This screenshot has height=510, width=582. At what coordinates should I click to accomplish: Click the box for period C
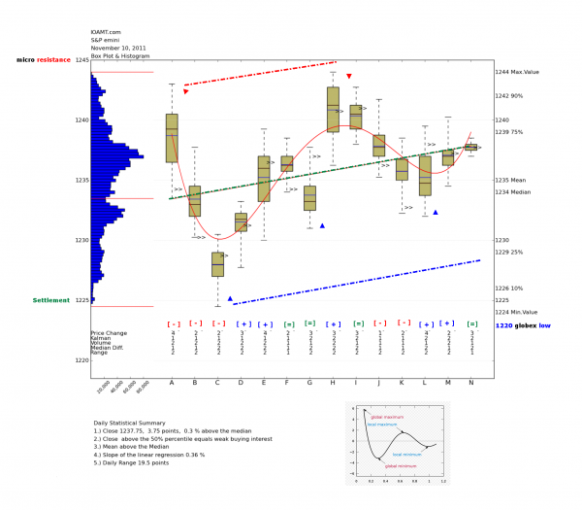point(218,263)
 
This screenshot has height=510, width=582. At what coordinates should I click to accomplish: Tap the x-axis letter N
point(471,383)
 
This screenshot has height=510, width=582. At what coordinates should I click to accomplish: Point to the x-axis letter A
point(173,383)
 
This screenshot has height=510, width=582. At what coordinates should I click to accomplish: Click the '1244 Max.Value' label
point(517,72)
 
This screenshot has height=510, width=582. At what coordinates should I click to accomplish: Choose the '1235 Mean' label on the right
point(511,180)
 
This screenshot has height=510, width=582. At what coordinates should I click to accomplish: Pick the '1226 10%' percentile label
point(509,288)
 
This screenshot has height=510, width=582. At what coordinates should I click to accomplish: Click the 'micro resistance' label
point(44,60)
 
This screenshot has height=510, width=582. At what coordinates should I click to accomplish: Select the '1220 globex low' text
point(522,326)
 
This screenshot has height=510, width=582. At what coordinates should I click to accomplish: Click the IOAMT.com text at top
point(105,31)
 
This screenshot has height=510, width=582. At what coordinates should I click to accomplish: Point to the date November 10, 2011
point(119,46)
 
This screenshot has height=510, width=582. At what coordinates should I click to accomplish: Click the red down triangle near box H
point(349,76)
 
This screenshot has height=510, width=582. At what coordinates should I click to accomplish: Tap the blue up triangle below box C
point(230,298)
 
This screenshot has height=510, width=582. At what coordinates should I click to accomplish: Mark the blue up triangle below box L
point(436,212)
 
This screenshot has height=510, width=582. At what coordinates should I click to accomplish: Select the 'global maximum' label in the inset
point(387,416)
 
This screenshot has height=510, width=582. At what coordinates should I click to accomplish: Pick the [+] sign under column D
point(242,323)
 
